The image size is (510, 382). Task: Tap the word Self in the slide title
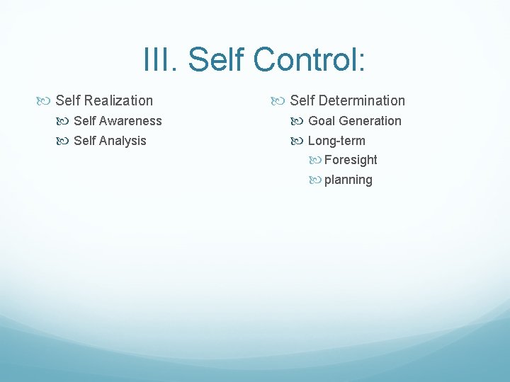[x=215, y=59]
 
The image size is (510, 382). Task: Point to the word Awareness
[x=130, y=121]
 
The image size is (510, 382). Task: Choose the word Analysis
[x=123, y=141]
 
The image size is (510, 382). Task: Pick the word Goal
[x=322, y=121]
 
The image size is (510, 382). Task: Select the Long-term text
[x=336, y=141]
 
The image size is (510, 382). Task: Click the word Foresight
[x=351, y=160]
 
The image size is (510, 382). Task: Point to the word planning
[x=348, y=180]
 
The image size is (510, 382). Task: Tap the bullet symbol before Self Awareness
[x=65, y=121]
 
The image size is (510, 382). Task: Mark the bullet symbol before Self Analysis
[x=65, y=141]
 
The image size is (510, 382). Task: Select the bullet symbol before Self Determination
[x=281, y=101]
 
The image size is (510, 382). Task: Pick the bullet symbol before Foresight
[x=317, y=161]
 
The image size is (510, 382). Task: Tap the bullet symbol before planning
[x=317, y=180]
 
